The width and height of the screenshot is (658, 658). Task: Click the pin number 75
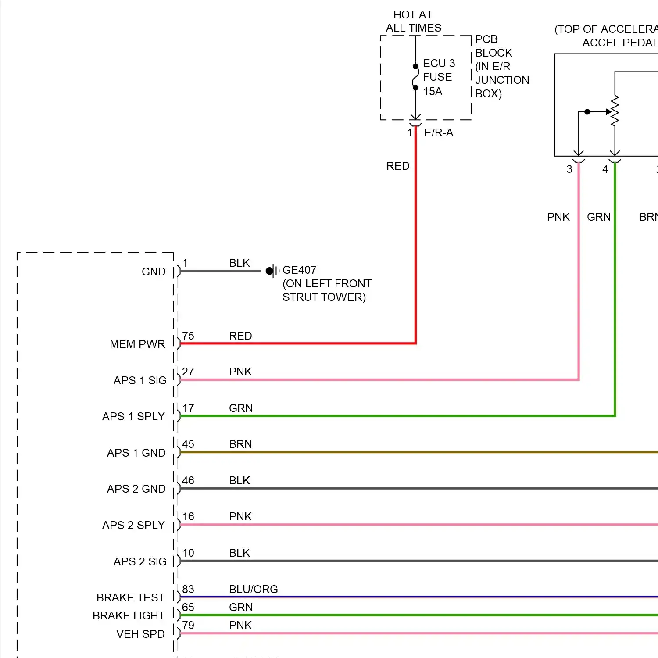(188, 336)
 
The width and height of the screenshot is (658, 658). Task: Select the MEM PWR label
(137, 344)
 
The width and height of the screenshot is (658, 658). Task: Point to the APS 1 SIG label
(140, 380)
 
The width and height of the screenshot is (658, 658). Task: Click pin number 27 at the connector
(188, 372)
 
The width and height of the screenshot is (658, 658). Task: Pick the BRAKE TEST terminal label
(130, 597)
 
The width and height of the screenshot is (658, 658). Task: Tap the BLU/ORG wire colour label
(253, 589)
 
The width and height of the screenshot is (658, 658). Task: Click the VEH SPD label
(140, 634)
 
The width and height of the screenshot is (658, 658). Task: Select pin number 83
(188, 589)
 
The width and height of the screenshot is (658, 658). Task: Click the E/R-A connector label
(439, 132)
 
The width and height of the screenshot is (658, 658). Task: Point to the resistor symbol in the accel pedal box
(615, 111)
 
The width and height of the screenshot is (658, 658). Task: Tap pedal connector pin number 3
(569, 169)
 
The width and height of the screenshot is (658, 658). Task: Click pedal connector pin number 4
(605, 169)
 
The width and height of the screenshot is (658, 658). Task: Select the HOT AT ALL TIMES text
(413, 21)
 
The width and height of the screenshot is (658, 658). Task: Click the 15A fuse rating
(433, 91)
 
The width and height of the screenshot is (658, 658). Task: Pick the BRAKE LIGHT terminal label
(128, 615)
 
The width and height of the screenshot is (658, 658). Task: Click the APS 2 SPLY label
(133, 525)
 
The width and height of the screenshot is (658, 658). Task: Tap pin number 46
(188, 480)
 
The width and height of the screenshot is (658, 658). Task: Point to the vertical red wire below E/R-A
(415, 232)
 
